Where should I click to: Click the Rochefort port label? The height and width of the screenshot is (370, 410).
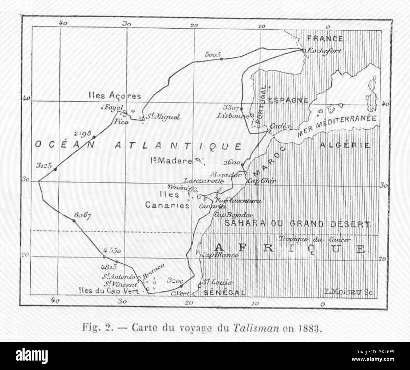point(325,51)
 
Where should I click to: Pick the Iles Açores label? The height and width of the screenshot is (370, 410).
point(115,95)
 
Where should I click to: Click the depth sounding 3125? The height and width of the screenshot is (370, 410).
point(44,166)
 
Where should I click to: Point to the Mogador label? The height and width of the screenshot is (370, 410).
point(223,174)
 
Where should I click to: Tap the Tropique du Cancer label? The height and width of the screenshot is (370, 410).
point(315,239)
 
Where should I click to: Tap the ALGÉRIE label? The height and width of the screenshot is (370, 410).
point(344,145)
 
